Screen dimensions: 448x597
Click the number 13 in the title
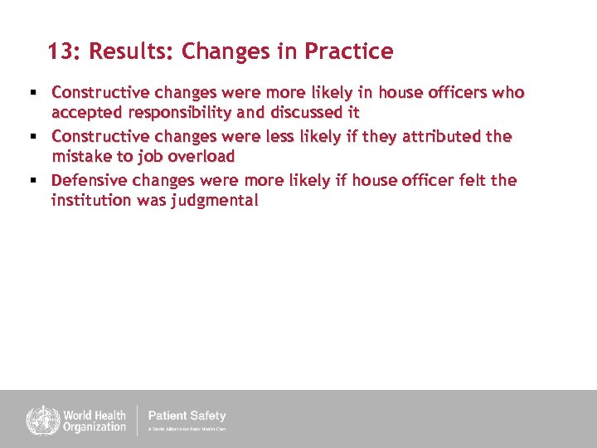pyautogui.click(x=59, y=52)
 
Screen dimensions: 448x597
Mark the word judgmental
pyautogui.click(x=216, y=200)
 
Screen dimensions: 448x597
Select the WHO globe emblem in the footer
pyautogui.click(x=38, y=419)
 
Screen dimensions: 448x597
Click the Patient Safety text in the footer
pyautogui.click(x=187, y=416)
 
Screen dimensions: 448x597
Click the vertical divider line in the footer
pyautogui.click(x=138, y=419)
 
